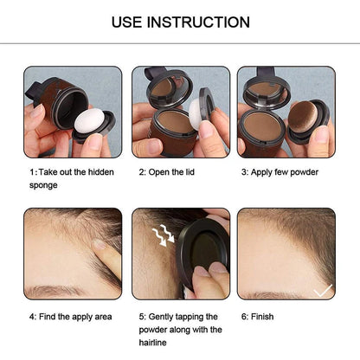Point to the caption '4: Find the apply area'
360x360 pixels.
click(x=70, y=317)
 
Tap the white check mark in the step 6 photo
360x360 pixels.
click(x=322, y=291)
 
